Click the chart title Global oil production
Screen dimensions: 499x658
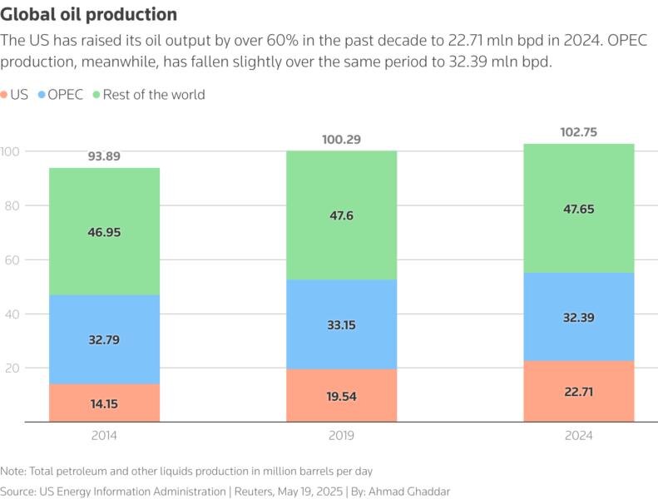pyautogui.click(x=89, y=15)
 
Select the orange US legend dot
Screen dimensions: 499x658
pyautogui.click(x=6, y=95)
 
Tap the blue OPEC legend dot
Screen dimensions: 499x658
pyautogui.click(x=41, y=95)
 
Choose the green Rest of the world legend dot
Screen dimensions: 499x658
pyautogui.click(x=96, y=95)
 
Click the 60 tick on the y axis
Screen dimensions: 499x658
pyautogui.click(x=11, y=259)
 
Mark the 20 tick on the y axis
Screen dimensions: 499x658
pyautogui.click(x=11, y=368)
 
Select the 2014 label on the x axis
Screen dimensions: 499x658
pyautogui.click(x=104, y=436)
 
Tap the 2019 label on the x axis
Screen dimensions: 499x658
pyautogui.click(x=341, y=436)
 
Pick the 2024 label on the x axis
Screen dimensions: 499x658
pyautogui.click(x=579, y=436)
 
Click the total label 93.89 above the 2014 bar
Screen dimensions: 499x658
pyautogui.click(x=104, y=156)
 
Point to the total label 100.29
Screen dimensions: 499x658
pyautogui.click(x=341, y=139)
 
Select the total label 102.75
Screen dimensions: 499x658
pyautogui.click(x=579, y=132)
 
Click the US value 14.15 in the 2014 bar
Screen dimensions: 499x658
pyautogui.click(x=104, y=405)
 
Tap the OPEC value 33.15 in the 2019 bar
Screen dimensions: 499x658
pyautogui.click(x=341, y=325)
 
